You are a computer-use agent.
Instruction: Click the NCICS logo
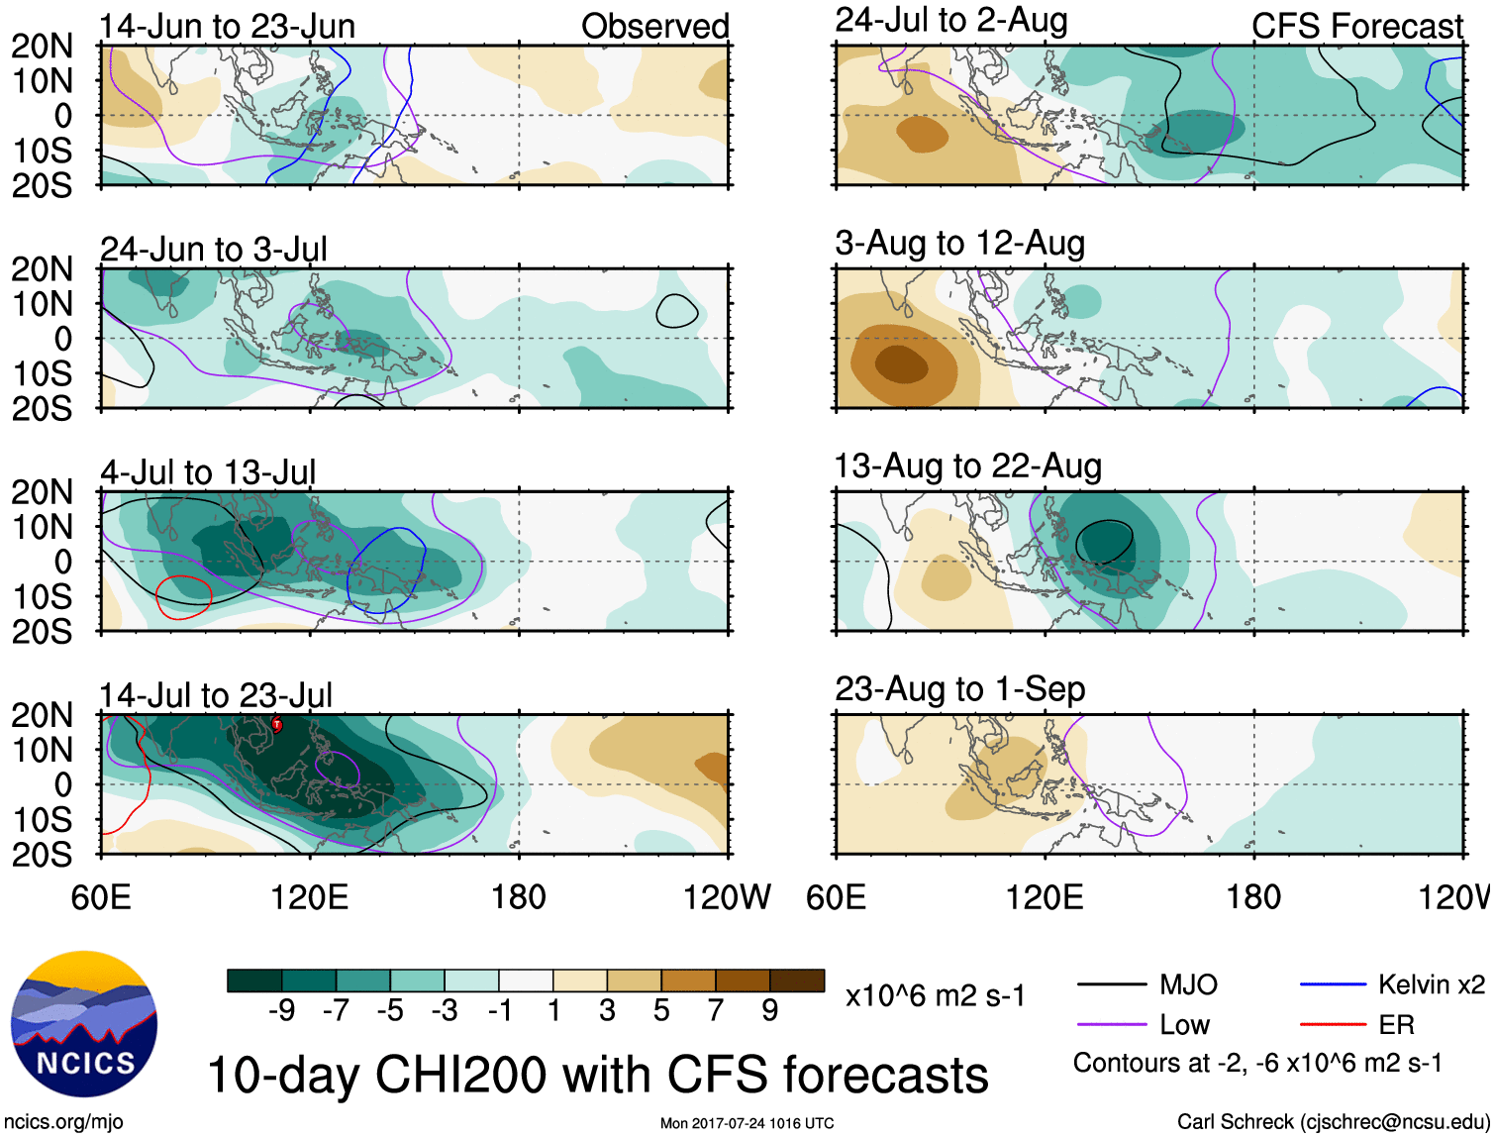coord(84,1024)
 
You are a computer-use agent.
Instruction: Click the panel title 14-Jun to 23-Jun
coord(227,27)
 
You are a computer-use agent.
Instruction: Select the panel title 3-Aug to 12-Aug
coord(959,244)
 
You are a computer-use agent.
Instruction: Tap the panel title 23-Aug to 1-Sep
coord(959,689)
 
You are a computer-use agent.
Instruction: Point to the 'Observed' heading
coord(654,27)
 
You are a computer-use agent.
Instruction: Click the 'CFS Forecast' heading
coord(1356,27)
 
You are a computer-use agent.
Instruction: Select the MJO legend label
coord(1188,984)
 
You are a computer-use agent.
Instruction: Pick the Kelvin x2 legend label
coord(1431,984)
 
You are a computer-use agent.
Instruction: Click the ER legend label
coord(1396,1025)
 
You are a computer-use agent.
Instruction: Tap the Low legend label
coord(1184,1025)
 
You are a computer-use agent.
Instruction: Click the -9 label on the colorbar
coord(281,1010)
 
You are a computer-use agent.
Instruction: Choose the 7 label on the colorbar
coord(716,1010)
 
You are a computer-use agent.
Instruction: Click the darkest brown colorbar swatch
coord(797,981)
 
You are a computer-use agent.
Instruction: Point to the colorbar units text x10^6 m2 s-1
coord(935,996)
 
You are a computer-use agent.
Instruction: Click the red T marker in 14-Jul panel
coord(277,725)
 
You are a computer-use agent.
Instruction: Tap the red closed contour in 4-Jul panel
coord(184,597)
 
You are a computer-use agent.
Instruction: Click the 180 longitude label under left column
coord(518,897)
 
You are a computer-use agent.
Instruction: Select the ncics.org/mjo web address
coord(63,1122)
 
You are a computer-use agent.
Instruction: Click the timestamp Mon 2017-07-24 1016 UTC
coord(747,1123)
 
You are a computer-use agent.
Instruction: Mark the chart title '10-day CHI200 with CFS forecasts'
coord(597,1075)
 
